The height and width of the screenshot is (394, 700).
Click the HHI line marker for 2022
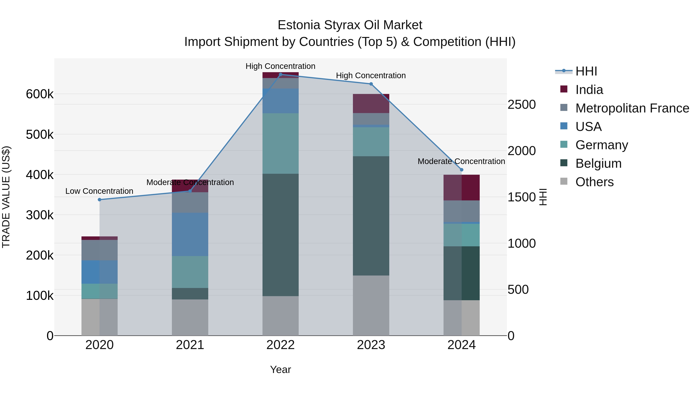pos(280,74)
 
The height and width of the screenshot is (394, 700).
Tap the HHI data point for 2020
pos(99,200)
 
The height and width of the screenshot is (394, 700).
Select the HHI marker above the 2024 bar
pos(461,170)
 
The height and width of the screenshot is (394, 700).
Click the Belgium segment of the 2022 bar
pos(280,235)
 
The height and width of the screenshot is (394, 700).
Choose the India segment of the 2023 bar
pos(371,103)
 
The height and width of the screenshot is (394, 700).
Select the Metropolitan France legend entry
pos(632,108)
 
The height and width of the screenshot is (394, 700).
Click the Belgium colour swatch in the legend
pos(564,163)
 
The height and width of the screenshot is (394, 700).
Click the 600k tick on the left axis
pos(40,94)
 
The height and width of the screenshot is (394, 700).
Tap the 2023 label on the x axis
pos(371,345)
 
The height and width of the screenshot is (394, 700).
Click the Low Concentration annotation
pos(99,191)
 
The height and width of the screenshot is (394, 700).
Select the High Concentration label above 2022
pos(280,66)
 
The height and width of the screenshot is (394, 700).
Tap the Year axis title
pos(280,369)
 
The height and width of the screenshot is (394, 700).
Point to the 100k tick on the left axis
pos(40,296)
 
